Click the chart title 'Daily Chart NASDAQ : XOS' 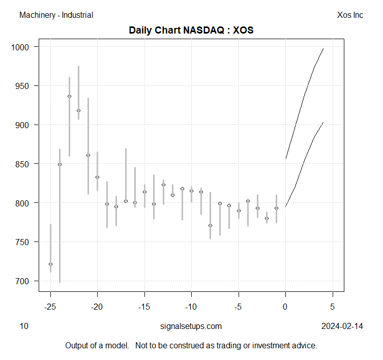pyautogui.click(x=191, y=30)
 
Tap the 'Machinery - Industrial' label pyautogui.click(x=56, y=15)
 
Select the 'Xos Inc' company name pyautogui.click(x=350, y=15)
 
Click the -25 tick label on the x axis pyautogui.click(x=50, y=307)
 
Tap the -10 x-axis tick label pyautogui.click(x=191, y=307)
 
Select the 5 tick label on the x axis pyautogui.click(x=333, y=307)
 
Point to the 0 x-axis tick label pyautogui.click(x=285, y=307)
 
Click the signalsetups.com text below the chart pyautogui.click(x=191, y=326)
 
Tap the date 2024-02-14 pyautogui.click(x=342, y=326)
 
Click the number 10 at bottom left pyautogui.click(x=24, y=326)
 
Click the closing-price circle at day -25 pyautogui.click(x=50, y=264)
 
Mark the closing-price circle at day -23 pyautogui.click(x=69, y=96)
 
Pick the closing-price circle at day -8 pyautogui.click(x=210, y=225)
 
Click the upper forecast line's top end pyautogui.click(x=323, y=49)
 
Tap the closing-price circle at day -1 pyautogui.click(x=276, y=208)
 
